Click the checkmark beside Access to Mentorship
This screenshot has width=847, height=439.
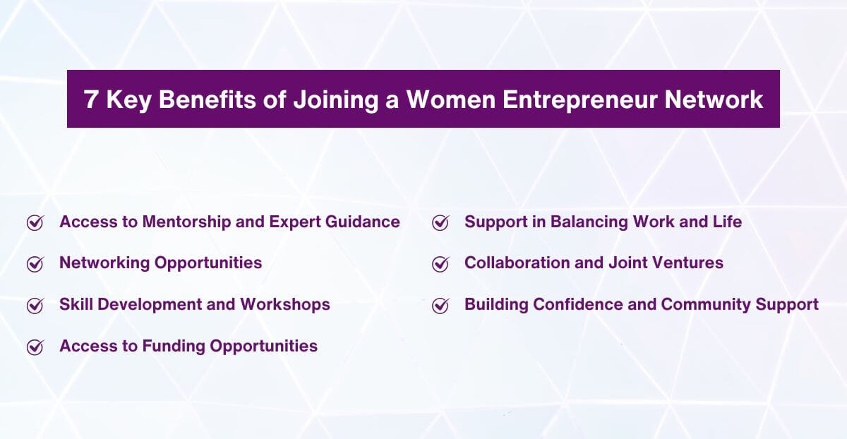pos(35,223)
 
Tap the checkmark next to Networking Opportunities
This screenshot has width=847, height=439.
pos(35,264)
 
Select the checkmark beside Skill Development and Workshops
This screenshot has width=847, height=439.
pos(35,306)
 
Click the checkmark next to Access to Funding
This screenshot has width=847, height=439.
pos(35,347)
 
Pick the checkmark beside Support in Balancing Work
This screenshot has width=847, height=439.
pos(440,223)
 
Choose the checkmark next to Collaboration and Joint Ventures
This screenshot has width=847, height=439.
pos(440,264)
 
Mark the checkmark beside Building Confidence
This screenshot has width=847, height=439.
pos(440,306)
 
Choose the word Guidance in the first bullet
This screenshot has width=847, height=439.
pos(363,222)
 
